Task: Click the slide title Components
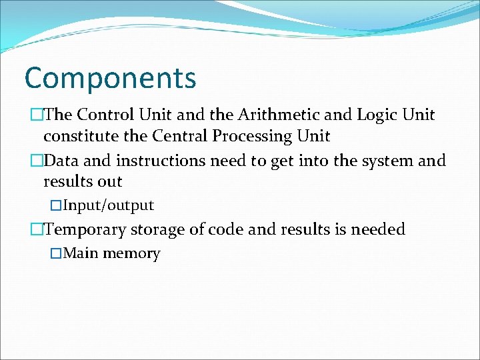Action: click(110, 78)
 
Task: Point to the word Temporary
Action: click(85, 229)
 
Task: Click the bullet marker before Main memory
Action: click(57, 253)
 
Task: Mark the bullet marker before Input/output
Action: click(57, 205)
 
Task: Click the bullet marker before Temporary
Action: click(37, 229)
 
